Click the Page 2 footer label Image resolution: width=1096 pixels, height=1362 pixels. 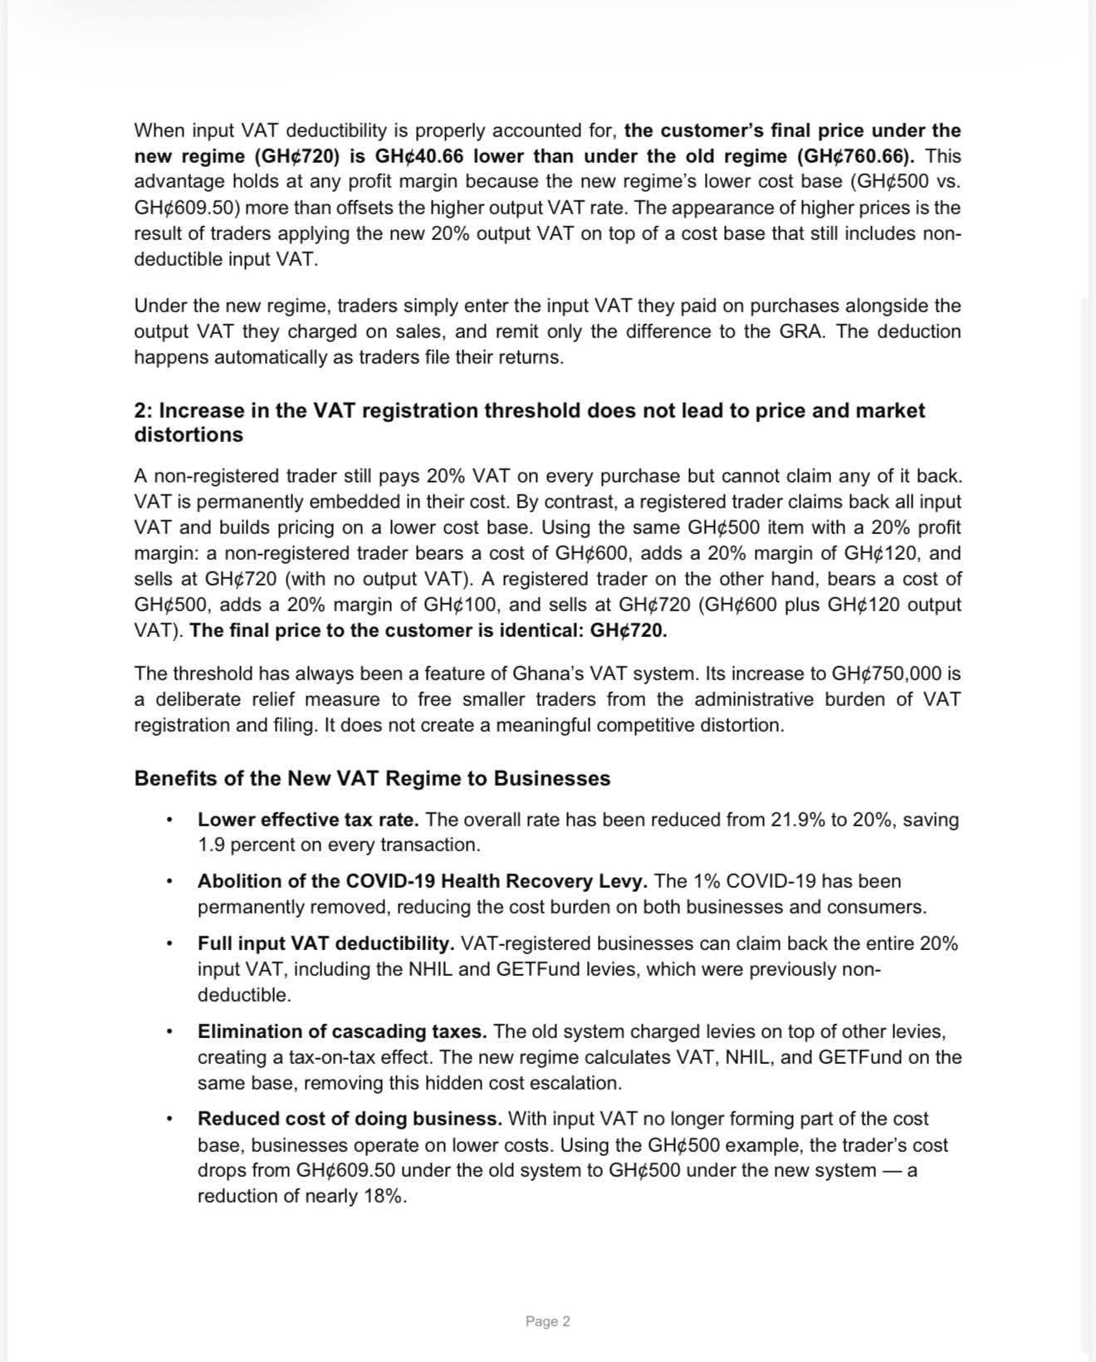[547, 1320]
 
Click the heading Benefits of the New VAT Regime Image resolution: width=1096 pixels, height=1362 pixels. [372, 778]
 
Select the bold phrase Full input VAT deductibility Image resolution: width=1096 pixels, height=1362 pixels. [325, 943]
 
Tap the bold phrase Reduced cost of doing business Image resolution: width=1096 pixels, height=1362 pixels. [350, 1119]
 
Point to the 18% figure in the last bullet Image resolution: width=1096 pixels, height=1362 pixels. [383, 1196]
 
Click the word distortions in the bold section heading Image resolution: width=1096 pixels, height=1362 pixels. [188, 434]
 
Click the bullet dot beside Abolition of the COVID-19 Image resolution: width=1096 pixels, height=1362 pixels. [169, 881]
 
